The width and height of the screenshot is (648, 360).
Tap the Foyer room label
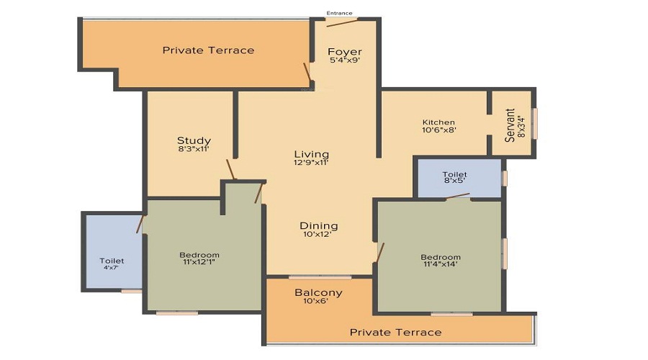pos(345,52)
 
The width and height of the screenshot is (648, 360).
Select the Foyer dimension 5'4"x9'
pos(345,60)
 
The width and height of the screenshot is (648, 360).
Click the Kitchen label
pos(438,122)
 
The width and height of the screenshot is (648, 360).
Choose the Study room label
pos(194,140)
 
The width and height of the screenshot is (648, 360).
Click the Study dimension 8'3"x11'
pos(194,150)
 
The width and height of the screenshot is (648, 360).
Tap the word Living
pos(312,154)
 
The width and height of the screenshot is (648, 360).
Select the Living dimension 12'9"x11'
pos(312,163)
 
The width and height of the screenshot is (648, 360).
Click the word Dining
pos(319,226)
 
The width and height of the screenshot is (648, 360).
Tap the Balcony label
pos(318,293)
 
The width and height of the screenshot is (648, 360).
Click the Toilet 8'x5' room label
pos(455,175)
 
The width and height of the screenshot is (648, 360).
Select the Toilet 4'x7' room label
pos(112,261)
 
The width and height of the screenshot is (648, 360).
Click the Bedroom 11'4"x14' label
pos(441,257)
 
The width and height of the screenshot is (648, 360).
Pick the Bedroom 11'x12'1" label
pos(199,255)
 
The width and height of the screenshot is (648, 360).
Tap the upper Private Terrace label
pos(208,50)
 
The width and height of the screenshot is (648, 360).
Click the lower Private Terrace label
pos(395,332)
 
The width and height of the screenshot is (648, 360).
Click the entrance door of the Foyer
pos(342,22)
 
